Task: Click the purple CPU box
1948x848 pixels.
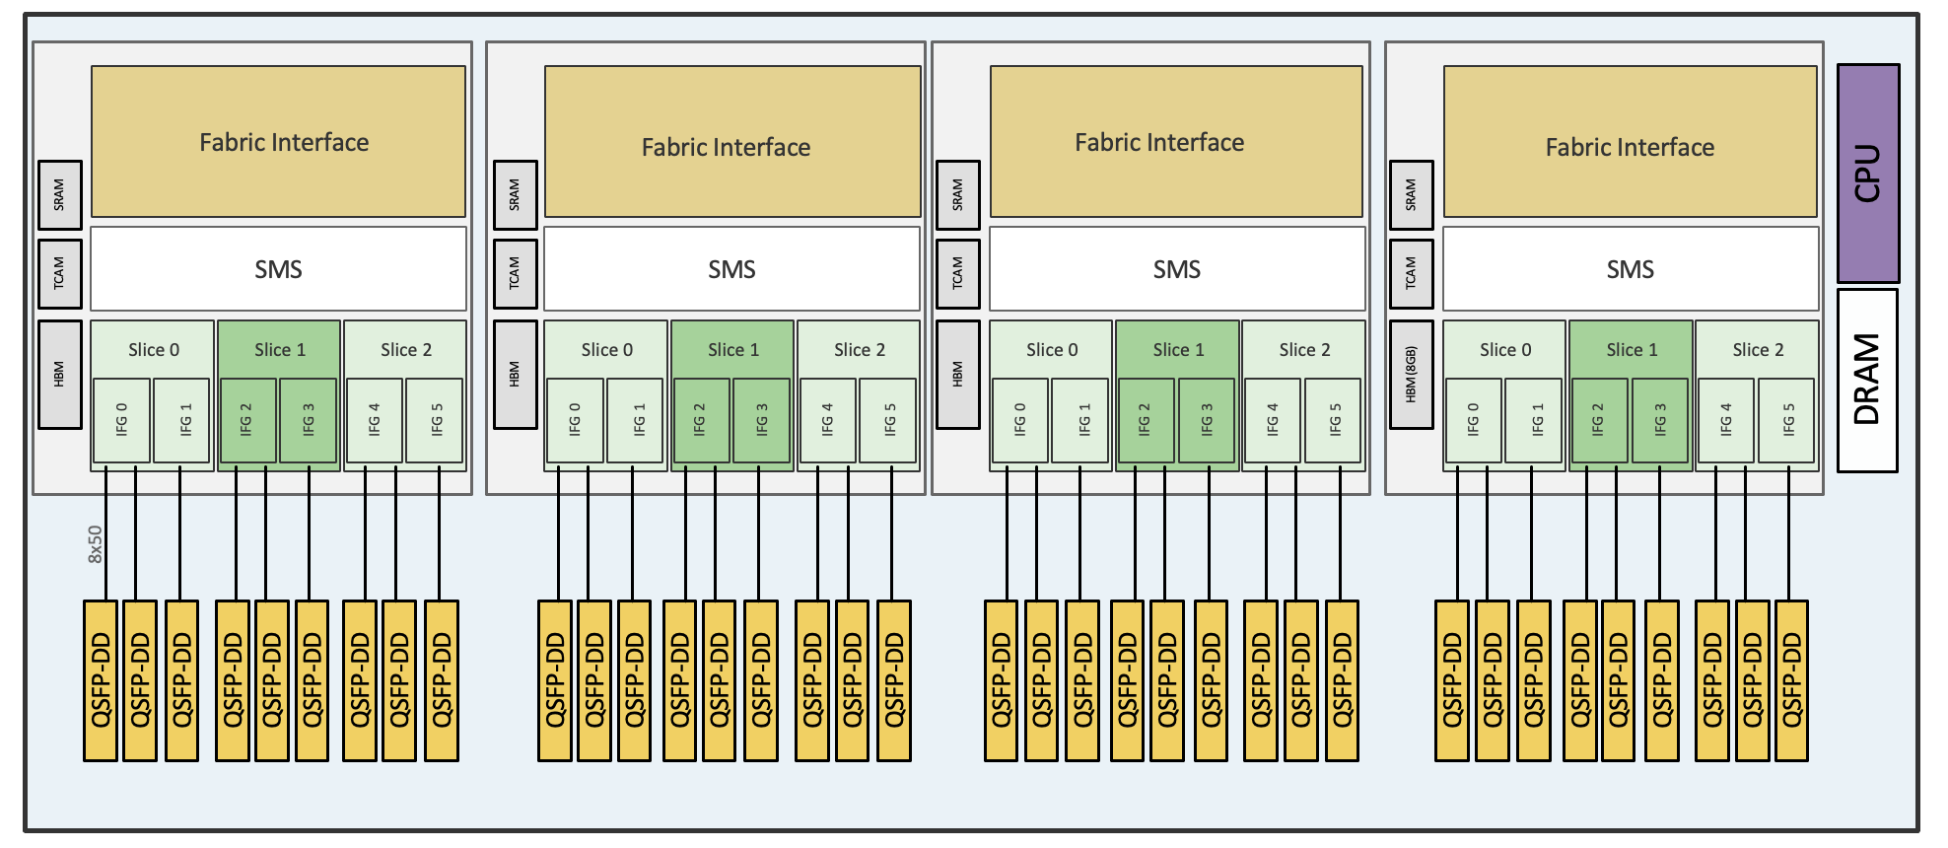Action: click(1867, 173)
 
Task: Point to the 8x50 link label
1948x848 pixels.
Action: click(95, 544)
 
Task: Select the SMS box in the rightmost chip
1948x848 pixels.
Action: click(1630, 269)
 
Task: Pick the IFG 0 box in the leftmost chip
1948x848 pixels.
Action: click(121, 420)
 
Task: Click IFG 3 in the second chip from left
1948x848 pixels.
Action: click(761, 420)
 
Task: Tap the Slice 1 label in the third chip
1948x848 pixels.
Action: click(1178, 350)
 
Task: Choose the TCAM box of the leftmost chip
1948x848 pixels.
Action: click(59, 273)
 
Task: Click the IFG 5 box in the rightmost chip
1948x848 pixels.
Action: click(1787, 420)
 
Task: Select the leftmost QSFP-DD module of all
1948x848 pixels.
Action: click(101, 680)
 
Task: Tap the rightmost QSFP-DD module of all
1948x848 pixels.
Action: click(1791, 680)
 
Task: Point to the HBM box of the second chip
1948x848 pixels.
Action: click(515, 375)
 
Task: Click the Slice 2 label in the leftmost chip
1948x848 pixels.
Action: click(406, 350)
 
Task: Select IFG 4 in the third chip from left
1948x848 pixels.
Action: click(1272, 420)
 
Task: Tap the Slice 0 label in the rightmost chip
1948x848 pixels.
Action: click(1505, 350)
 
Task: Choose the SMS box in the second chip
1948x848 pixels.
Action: click(731, 269)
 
